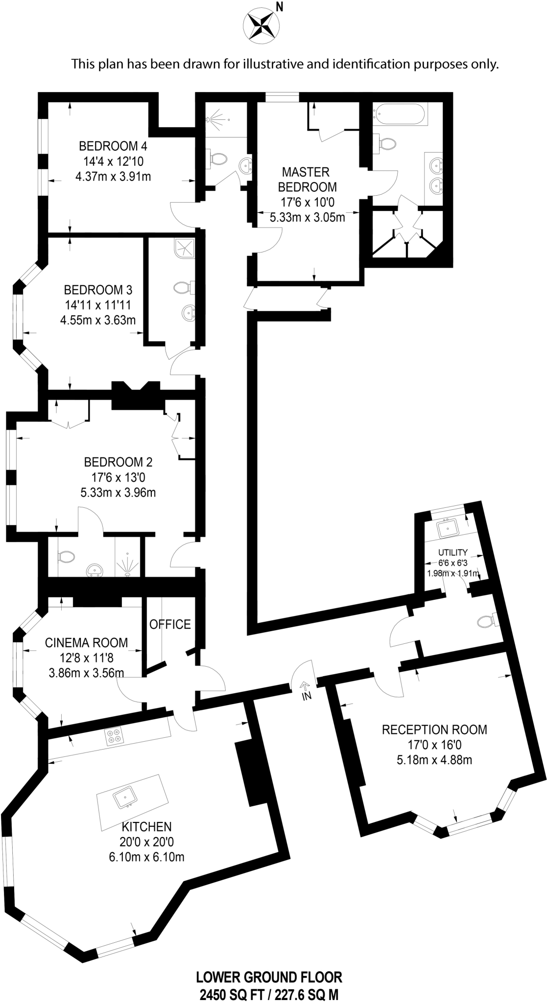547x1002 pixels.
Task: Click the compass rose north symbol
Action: point(262,24)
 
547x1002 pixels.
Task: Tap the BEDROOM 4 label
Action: point(113,146)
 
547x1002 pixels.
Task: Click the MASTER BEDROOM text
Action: point(307,179)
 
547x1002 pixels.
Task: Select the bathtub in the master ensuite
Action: point(400,114)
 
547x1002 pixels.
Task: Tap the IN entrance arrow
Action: point(305,690)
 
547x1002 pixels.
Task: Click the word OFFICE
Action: point(170,624)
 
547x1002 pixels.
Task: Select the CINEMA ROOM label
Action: point(86,642)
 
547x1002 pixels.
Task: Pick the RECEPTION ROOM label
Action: point(434,729)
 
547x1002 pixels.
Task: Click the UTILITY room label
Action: point(453,552)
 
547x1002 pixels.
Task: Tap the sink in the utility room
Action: point(448,528)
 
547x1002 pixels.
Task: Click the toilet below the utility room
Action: point(485,621)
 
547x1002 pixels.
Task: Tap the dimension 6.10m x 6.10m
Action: point(147,857)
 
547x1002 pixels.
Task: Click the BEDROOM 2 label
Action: point(118,462)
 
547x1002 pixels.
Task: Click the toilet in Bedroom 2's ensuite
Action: point(66,556)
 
